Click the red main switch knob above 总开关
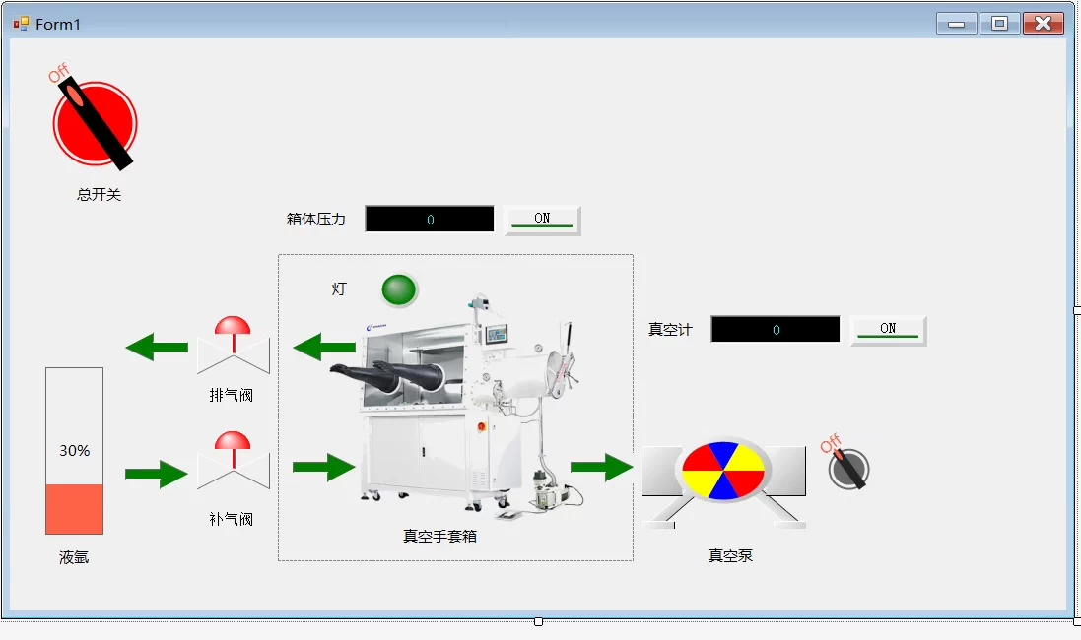[95, 124]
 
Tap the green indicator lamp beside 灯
[399, 289]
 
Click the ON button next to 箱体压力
[542, 220]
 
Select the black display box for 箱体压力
[430, 220]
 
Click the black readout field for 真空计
[776, 330]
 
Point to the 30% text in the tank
[75, 451]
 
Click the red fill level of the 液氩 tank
[75, 509]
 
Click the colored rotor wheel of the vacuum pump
[723, 471]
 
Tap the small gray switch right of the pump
[848, 469]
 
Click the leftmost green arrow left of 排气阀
[157, 347]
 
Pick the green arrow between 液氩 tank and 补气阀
[156, 475]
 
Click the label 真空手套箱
[439, 537]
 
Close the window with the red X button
[1044, 24]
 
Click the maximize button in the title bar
[999, 24]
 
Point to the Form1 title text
[58, 25]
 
